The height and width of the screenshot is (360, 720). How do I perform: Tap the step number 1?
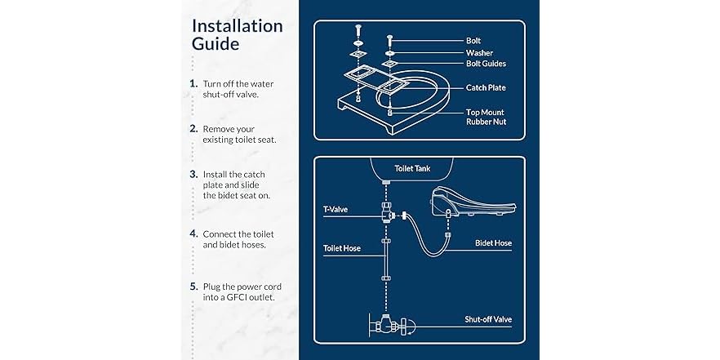[193, 83]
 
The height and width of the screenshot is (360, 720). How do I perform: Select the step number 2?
[193, 129]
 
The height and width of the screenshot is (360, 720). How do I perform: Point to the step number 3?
[193, 175]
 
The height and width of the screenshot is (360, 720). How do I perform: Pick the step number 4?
[193, 233]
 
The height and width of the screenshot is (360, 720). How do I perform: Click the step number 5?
[193, 286]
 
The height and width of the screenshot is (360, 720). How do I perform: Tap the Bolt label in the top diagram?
[473, 40]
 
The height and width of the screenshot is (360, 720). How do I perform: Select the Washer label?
[478, 53]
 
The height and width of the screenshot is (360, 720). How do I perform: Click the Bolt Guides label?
[486, 64]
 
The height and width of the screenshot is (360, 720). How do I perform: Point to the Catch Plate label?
[486, 87]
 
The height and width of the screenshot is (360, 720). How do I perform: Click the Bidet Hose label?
[494, 243]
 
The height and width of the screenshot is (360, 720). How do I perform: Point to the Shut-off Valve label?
[488, 319]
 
